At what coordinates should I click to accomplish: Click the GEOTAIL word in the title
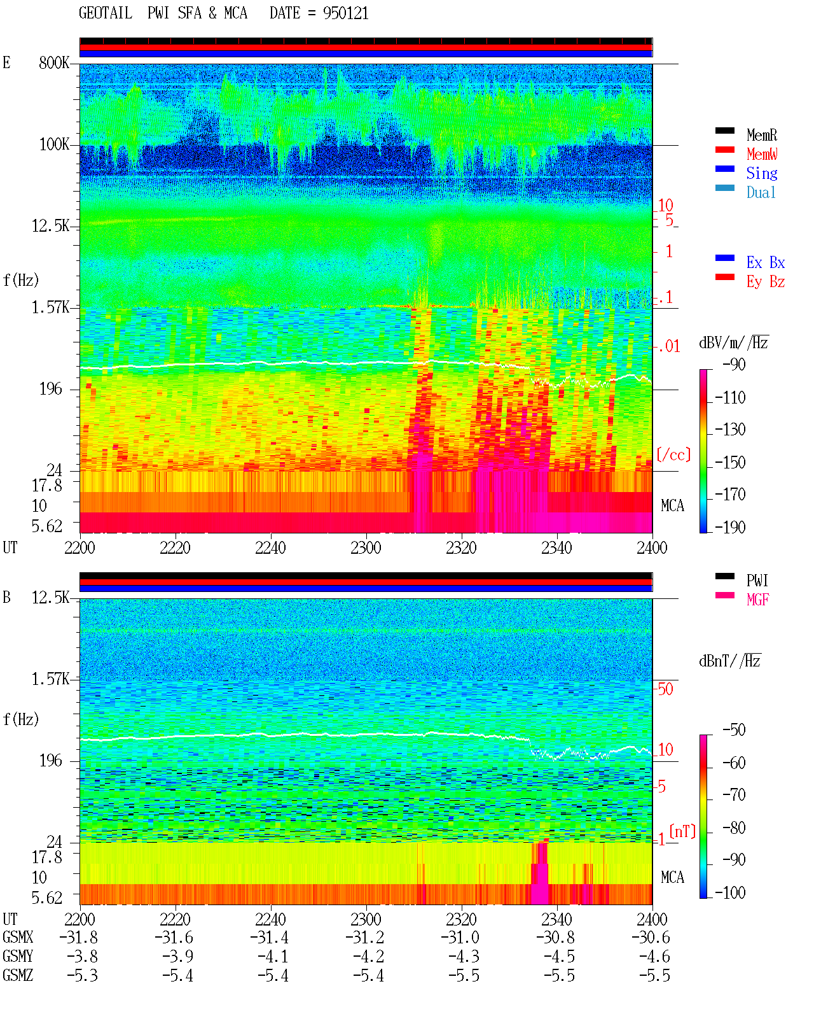(x=106, y=13)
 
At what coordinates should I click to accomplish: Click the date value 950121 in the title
(x=345, y=13)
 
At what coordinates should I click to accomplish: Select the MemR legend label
(x=762, y=135)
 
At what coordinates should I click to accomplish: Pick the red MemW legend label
(x=762, y=154)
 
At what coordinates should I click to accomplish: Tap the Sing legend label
(x=762, y=173)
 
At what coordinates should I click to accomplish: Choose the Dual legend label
(x=761, y=192)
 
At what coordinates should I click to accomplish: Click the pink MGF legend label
(x=757, y=600)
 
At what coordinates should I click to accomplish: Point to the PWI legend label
(x=757, y=580)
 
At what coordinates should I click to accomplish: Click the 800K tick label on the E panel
(x=54, y=62)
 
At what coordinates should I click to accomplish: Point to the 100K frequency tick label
(x=54, y=144)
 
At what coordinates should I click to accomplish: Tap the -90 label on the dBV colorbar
(x=734, y=364)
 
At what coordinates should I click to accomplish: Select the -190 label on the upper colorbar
(x=730, y=527)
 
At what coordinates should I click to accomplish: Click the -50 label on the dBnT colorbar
(x=734, y=730)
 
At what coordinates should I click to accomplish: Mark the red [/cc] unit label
(x=673, y=454)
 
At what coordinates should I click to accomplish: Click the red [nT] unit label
(x=682, y=831)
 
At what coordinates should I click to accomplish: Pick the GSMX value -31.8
(x=79, y=937)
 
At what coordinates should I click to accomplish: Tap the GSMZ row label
(x=18, y=975)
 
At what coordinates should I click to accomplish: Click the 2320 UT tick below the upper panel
(x=461, y=547)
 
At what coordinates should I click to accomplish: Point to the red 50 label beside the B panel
(x=665, y=689)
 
